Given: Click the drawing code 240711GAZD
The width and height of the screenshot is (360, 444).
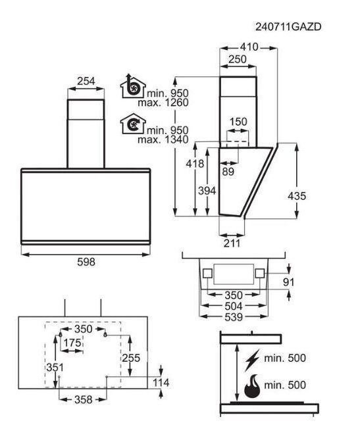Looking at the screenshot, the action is [288, 27].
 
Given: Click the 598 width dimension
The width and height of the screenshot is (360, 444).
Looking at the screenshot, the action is [86, 262].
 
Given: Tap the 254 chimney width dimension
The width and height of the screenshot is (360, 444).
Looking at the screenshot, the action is [86, 82].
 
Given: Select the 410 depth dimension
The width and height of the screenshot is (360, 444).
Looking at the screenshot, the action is [249, 47].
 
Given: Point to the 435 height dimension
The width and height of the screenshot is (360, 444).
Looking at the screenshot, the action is [297, 195].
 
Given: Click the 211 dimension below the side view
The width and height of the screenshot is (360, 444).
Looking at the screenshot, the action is [232, 243].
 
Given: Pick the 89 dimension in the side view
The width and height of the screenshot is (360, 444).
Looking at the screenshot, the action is [228, 172].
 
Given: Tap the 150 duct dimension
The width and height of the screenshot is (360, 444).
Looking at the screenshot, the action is [238, 122].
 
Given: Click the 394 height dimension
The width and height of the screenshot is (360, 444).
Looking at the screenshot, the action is [207, 191].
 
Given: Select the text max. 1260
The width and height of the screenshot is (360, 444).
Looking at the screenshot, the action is [163, 103].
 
